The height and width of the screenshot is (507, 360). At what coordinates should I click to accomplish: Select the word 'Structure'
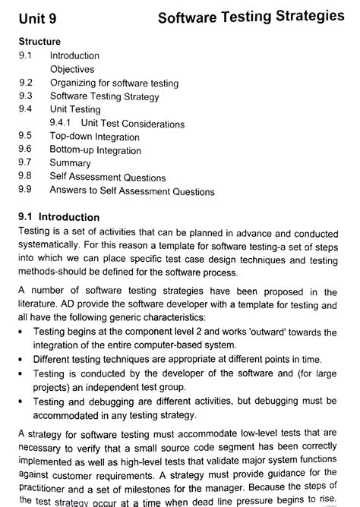[x=39, y=42]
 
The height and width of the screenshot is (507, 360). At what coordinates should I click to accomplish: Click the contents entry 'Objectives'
[x=71, y=68]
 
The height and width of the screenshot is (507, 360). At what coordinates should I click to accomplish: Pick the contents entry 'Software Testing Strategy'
[x=104, y=96]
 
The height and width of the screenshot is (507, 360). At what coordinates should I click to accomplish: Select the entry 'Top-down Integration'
[x=94, y=137]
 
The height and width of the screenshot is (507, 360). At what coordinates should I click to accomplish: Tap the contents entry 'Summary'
[x=70, y=163]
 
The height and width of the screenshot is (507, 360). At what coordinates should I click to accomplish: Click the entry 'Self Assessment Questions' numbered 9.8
[x=107, y=177]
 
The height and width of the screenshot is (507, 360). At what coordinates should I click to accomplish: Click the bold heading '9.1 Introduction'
[x=58, y=217]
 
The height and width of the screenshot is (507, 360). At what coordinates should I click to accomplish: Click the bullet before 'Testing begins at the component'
[x=21, y=332]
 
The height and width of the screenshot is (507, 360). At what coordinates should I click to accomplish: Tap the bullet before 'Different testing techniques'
[x=21, y=360]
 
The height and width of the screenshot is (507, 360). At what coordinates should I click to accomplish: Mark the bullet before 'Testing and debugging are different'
[x=21, y=402]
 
